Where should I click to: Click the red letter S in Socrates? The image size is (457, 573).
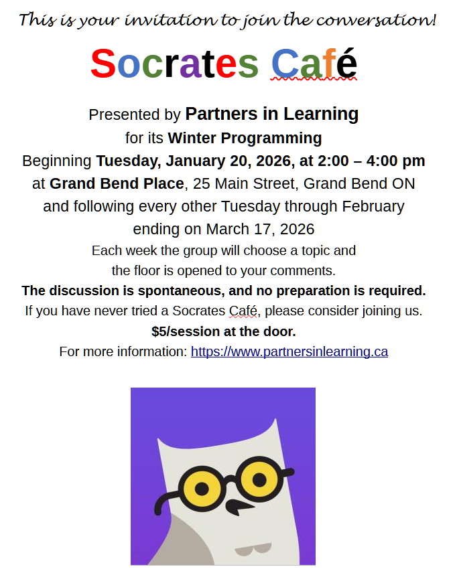click(103, 64)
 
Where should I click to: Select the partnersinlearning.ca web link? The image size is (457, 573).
click(289, 351)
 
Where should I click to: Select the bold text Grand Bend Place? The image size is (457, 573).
click(117, 183)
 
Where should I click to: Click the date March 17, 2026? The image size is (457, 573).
click(260, 229)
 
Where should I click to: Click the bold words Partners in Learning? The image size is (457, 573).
click(271, 114)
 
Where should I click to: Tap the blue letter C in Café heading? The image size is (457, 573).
click(285, 64)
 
